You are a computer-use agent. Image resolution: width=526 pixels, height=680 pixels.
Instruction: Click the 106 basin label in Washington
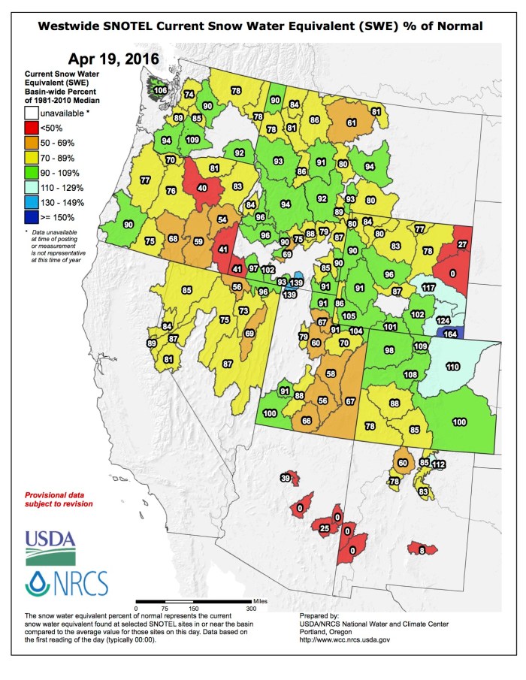click(159, 90)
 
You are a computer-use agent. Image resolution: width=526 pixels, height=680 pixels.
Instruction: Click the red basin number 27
click(462, 244)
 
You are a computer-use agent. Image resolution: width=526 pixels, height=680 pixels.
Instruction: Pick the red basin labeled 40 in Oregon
click(201, 188)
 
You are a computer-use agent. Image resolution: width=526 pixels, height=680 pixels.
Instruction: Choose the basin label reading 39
click(286, 478)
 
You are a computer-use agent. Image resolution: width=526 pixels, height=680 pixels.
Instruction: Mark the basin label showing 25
click(324, 529)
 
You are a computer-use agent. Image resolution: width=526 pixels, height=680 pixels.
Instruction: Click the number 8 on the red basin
click(422, 550)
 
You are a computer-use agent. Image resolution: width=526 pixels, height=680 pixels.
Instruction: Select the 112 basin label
click(438, 464)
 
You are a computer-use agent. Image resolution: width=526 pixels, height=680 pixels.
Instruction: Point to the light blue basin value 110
click(452, 367)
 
